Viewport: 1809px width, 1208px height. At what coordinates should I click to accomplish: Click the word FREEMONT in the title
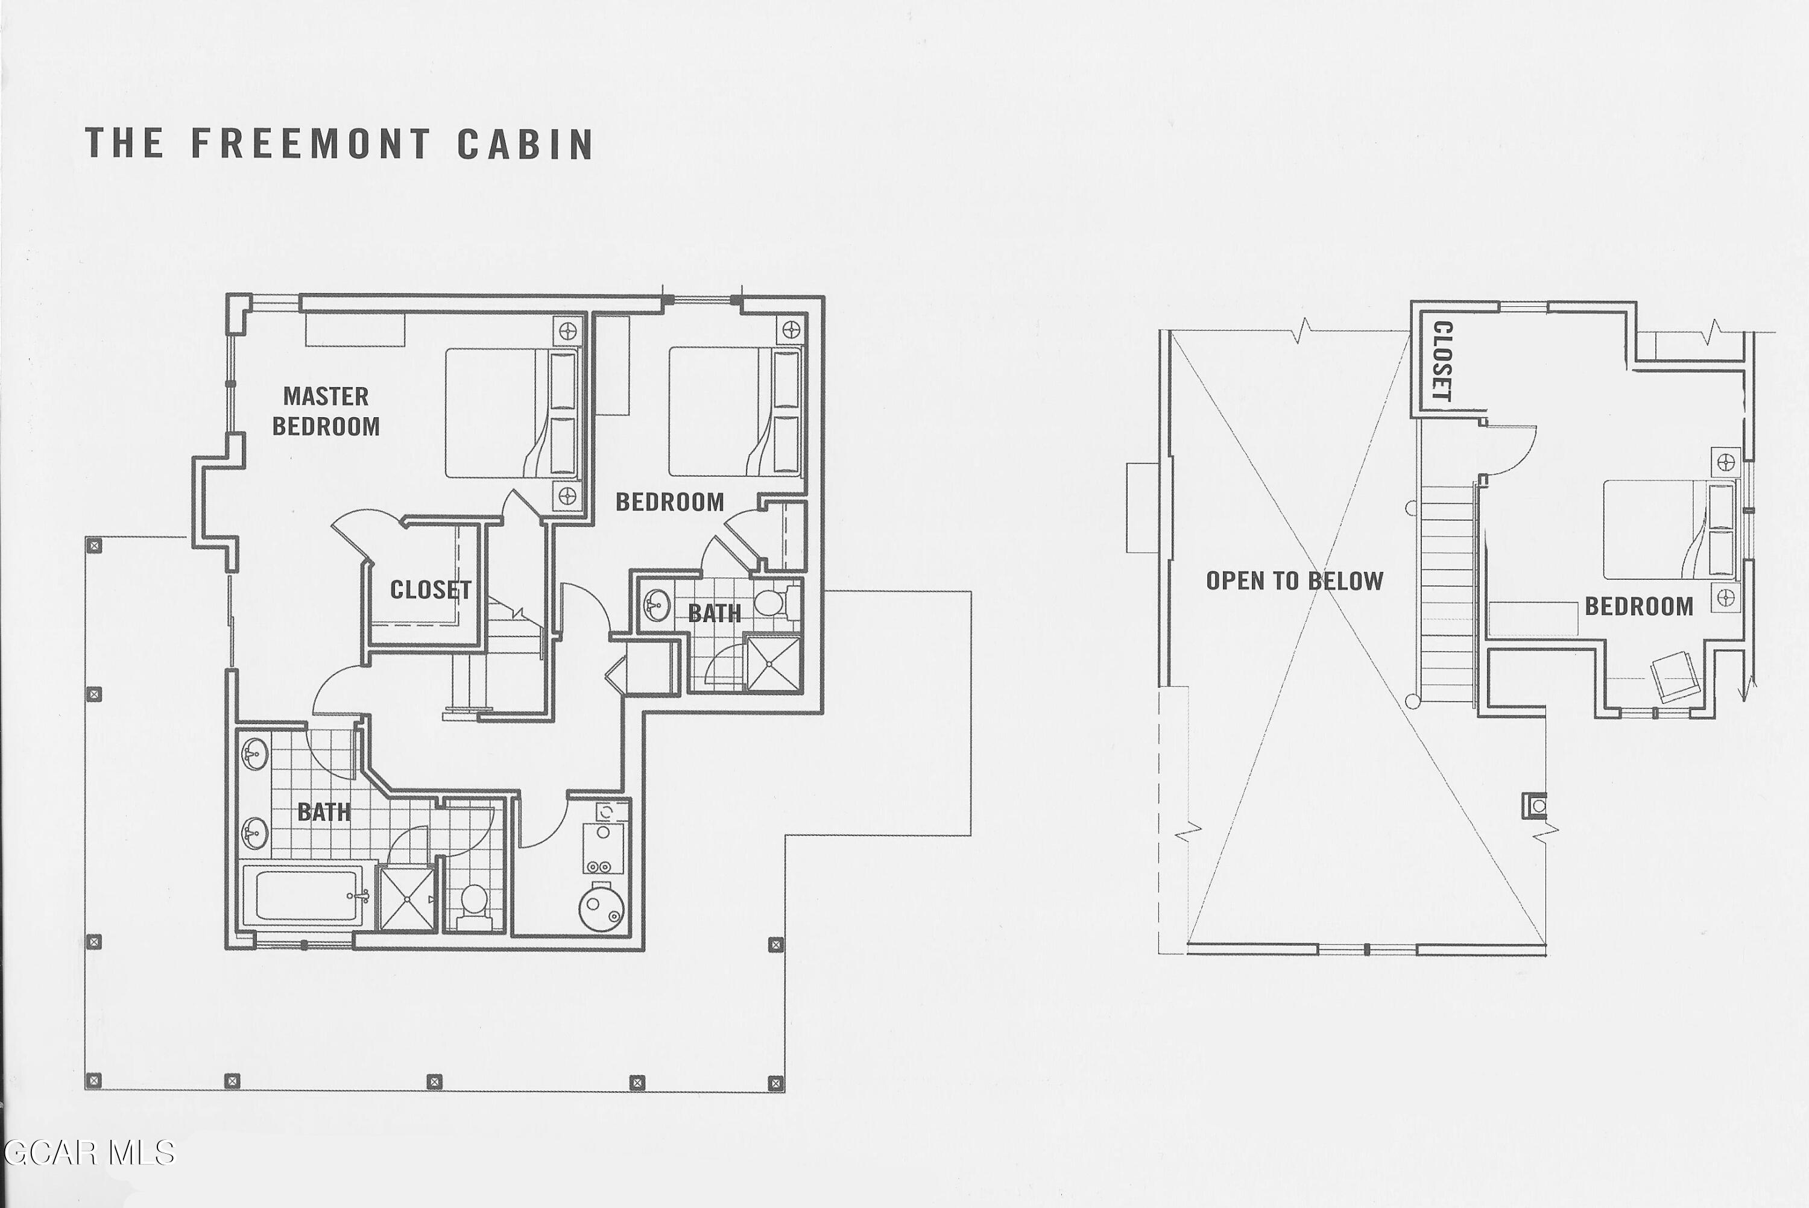click(311, 143)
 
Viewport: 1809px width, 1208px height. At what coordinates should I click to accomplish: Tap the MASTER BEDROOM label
click(326, 411)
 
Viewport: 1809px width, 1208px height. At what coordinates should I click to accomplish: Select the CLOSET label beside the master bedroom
click(431, 590)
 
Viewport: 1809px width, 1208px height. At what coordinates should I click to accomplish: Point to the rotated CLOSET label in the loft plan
click(1442, 361)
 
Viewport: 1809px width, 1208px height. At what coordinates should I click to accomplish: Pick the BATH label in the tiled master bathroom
click(324, 811)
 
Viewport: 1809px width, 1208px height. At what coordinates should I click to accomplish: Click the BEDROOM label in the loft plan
click(1639, 606)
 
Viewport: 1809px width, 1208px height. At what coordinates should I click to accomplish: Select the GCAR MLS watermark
click(88, 1153)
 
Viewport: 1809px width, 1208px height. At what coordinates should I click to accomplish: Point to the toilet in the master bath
click(473, 907)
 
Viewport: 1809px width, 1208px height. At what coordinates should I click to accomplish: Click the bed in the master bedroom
click(511, 413)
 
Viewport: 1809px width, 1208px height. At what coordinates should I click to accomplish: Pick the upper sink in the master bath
click(254, 753)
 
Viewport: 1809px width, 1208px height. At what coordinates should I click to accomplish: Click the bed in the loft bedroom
click(1670, 529)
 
